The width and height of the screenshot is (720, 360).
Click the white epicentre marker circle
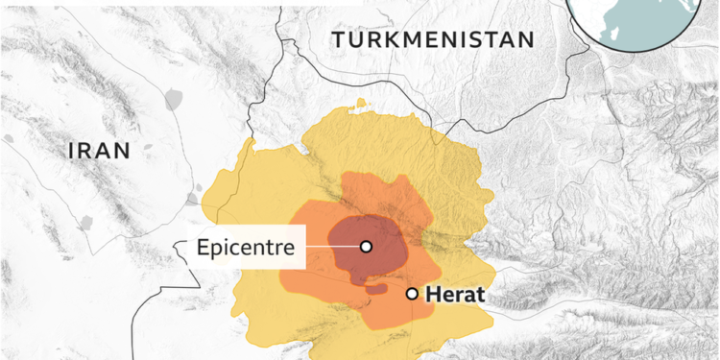[366, 247]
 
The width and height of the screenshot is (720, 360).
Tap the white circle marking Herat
[412, 294]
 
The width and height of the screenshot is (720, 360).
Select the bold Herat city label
[456, 295]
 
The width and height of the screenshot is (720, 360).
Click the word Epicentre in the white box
[245, 247]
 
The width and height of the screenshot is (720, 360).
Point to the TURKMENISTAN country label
[432, 39]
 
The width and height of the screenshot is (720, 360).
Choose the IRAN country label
[99, 150]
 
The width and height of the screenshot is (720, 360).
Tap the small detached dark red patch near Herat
[375, 288]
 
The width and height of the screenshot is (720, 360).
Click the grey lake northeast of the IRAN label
[173, 98]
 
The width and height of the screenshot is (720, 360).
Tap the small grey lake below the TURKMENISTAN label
[361, 103]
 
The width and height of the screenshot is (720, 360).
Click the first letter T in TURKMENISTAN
[337, 39]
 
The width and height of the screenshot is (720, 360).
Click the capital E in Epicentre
[203, 247]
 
